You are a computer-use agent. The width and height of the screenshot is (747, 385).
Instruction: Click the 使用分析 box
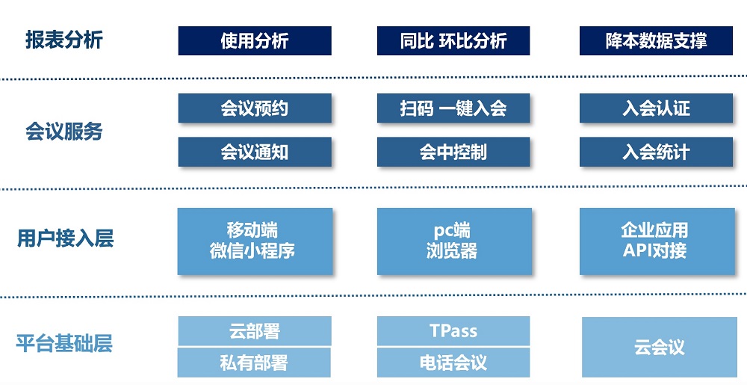pos(255,40)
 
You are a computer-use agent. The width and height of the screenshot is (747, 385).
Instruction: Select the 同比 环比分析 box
pos(453,40)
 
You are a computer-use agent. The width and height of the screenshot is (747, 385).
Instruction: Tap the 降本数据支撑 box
pos(656,40)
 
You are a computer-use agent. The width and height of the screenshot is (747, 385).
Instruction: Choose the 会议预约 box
pos(255,108)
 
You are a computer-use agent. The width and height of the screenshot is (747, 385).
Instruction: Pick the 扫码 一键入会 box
pos(453,108)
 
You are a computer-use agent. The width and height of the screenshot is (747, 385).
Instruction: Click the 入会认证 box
pos(656,108)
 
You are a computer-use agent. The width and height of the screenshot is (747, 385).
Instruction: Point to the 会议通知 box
pos(255,152)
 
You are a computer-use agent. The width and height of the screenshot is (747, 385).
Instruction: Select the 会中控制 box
pos(453,152)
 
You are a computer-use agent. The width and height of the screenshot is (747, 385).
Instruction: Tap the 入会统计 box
pos(656,152)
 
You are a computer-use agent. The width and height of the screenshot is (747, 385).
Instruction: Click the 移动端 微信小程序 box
pos(255,241)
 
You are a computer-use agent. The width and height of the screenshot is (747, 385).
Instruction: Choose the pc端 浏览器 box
pos(454,241)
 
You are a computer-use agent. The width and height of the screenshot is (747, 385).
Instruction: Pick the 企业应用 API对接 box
pos(657,241)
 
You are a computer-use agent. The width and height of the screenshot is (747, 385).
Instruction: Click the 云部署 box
pos(255,330)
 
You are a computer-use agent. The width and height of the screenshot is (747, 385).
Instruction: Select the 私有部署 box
pos(255,363)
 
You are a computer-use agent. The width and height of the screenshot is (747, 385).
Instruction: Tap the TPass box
pos(453,330)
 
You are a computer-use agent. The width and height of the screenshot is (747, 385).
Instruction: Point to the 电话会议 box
pos(453,363)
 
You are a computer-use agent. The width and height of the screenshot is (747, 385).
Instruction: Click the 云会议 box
pos(660,347)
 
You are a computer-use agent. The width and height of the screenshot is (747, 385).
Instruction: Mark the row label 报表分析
pos(63,40)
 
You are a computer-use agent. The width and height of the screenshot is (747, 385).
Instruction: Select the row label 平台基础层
pos(64,343)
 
